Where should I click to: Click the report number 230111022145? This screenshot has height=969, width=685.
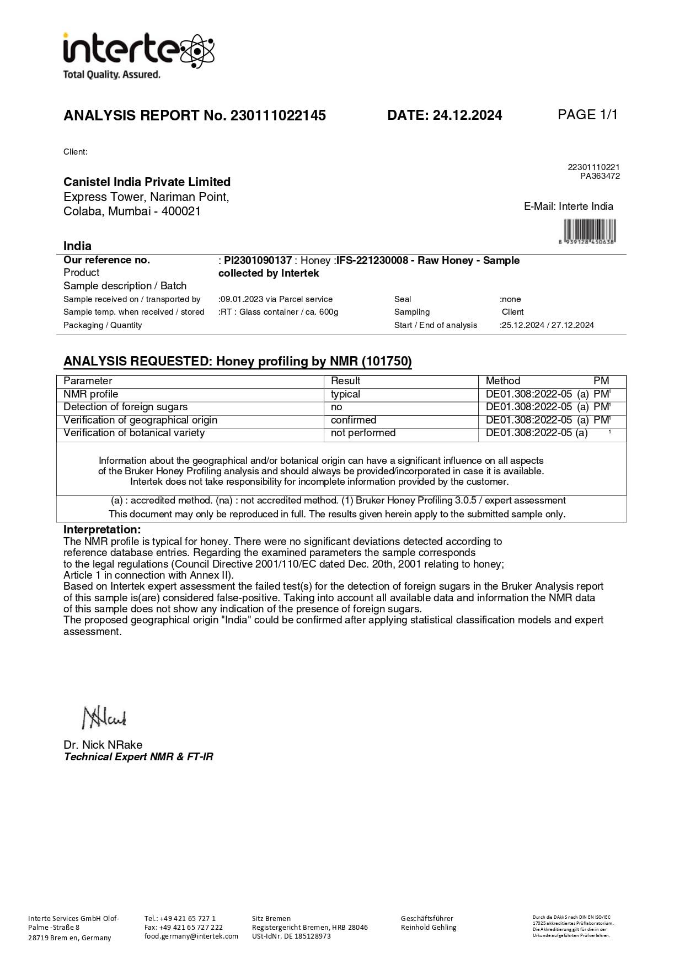(x=278, y=115)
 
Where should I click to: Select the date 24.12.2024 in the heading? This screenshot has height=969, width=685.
(x=467, y=115)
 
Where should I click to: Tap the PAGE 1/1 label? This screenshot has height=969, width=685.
(x=587, y=115)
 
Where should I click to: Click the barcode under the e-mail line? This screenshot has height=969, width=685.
(x=590, y=230)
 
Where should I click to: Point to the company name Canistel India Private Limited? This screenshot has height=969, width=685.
(x=147, y=182)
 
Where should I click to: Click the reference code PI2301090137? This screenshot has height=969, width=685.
(x=258, y=261)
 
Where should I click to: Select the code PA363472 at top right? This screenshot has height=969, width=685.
(x=600, y=176)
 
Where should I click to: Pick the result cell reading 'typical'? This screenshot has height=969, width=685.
(x=345, y=394)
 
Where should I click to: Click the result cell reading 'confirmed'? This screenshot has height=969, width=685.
(x=354, y=420)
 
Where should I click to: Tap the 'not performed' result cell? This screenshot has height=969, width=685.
(x=363, y=433)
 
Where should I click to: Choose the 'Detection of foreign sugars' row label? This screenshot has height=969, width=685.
(x=125, y=407)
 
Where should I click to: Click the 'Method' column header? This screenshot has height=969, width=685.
(x=502, y=381)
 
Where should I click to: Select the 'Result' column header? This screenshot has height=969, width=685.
(x=345, y=381)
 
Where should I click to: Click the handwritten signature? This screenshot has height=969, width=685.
(x=104, y=718)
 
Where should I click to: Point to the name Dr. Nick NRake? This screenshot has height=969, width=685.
(x=103, y=745)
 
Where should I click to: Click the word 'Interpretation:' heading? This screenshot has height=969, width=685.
(x=102, y=530)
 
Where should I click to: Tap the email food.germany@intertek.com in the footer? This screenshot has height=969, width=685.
(x=191, y=936)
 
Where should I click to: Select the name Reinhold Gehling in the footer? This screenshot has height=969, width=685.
(x=429, y=928)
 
